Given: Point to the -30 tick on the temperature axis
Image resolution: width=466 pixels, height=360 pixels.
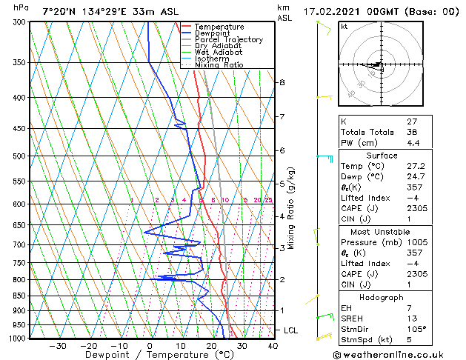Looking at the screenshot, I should [x=57, y=346].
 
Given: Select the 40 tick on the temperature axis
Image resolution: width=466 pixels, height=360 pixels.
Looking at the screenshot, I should [x=273, y=346].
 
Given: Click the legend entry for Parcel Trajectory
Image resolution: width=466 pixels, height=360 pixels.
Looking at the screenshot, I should [x=227, y=40].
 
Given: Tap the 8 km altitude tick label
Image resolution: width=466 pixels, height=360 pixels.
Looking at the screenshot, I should [x=282, y=82].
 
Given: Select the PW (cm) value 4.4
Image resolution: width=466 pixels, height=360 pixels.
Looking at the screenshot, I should [x=413, y=143].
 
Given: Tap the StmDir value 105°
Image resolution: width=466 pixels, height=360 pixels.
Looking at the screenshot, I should [x=415, y=329].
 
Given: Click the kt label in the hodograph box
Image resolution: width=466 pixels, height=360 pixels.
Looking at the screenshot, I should [x=344, y=27].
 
